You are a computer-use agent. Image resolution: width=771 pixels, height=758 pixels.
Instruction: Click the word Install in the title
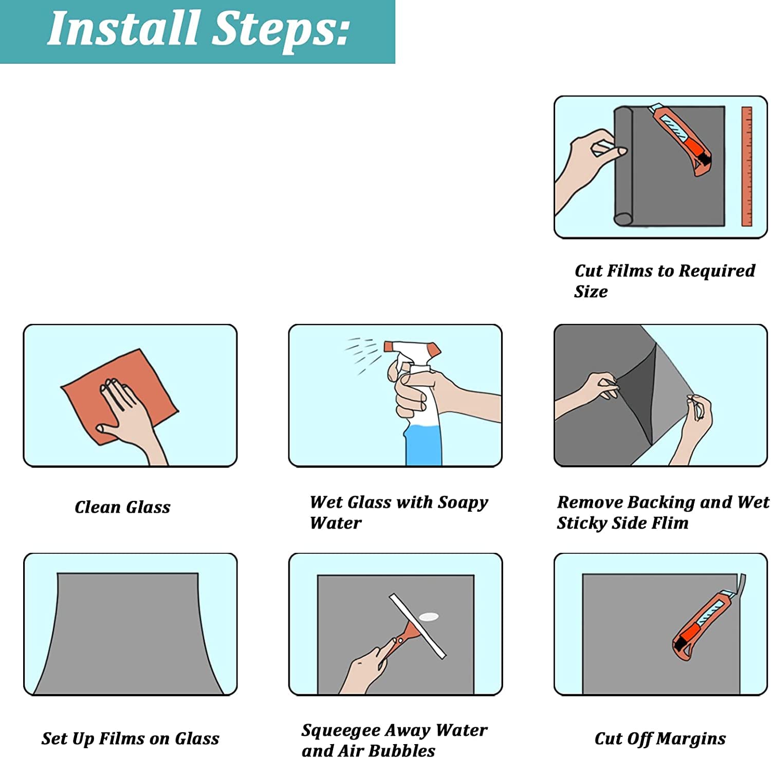[123, 28]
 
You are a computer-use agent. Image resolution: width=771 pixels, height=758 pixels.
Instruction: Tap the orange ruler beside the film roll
[746, 166]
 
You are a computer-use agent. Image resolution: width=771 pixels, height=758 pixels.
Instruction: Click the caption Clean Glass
[122, 507]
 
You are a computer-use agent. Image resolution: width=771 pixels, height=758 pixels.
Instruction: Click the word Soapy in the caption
[463, 503]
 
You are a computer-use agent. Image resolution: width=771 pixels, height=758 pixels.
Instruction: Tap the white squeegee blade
[417, 626]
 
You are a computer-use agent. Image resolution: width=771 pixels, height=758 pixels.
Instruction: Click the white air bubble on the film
[429, 616]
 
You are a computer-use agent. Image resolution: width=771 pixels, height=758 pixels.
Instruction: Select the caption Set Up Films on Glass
[131, 739]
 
